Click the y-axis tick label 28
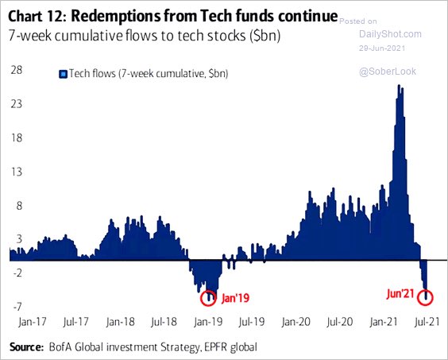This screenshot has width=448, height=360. pyautogui.click(x=15, y=70)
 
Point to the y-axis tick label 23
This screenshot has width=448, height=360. pyautogui.click(x=15, y=104)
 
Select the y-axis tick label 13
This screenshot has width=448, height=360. pyautogui.click(x=15, y=172)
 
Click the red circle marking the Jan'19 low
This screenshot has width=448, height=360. pyautogui.click(x=208, y=298)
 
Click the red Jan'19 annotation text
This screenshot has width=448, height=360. pyautogui.click(x=236, y=298)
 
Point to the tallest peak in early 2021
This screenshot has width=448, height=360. pyautogui.click(x=400, y=87)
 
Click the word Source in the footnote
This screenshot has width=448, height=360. pyautogui.click(x=29, y=348)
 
